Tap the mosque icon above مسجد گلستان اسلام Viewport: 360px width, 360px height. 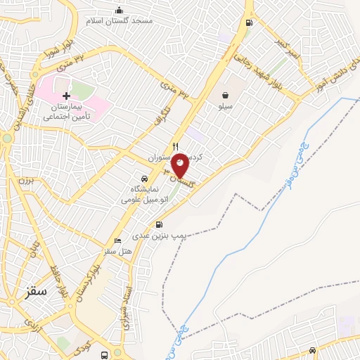(119, 10)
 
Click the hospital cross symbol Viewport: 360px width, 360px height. (66, 95)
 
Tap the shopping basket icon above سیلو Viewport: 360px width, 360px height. (225, 95)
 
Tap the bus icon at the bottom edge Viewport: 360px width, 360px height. (104, 355)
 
